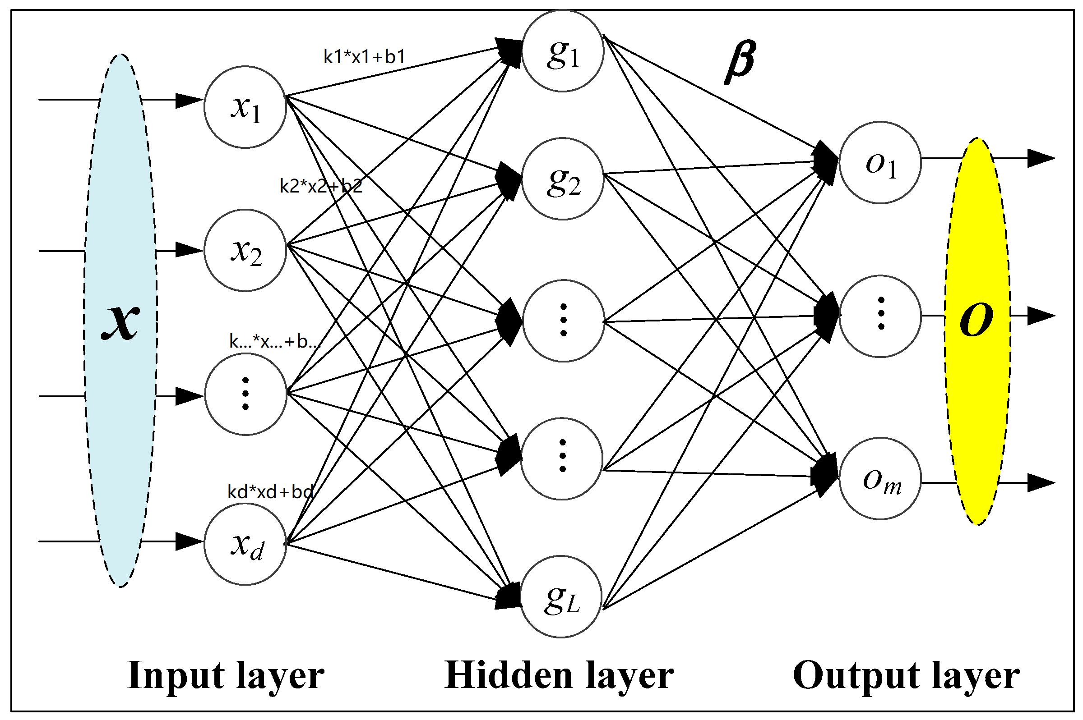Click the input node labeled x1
(x=245, y=107)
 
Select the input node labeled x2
(x=245, y=250)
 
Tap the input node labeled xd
(x=245, y=544)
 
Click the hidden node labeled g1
(x=562, y=51)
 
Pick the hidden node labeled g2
(x=562, y=179)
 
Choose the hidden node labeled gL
(x=561, y=597)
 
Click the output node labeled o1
(x=880, y=163)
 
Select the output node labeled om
(x=880, y=479)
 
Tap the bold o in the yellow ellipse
(x=976, y=319)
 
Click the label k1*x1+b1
(x=364, y=56)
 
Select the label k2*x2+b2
(x=321, y=186)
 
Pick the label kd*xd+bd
(x=270, y=492)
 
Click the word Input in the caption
(x=163, y=675)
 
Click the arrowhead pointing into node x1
(x=188, y=100)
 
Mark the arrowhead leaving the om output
(x=1040, y=483)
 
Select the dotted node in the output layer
(x=880, y=316)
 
